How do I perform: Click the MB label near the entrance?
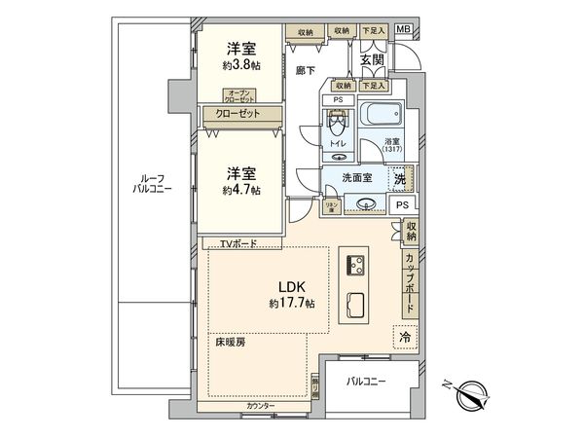[x=402, y=31]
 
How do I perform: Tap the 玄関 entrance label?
[x=371, y=59]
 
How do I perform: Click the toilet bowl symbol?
[x=337, y=126]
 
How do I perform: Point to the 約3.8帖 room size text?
[x=242, y=65]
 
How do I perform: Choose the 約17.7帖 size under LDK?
[x=292, y=304]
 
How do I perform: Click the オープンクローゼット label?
[x=239, y=96]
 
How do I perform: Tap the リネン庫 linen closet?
[x=330, y=205]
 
